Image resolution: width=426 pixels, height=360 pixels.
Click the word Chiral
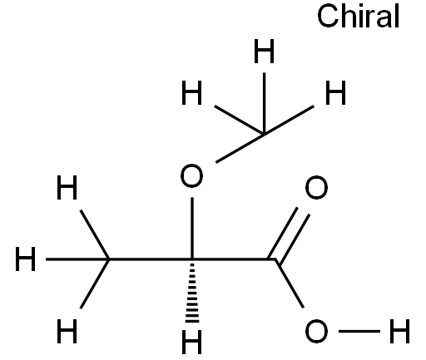tap(358, 16)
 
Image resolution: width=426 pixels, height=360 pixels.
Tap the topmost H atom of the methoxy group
tap(264, 51)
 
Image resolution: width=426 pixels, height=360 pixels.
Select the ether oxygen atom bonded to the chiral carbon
tap(191, 175)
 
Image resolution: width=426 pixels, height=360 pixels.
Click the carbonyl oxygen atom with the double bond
tap(316, 187)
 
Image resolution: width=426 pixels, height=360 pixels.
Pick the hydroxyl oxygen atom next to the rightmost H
tap(316, 331)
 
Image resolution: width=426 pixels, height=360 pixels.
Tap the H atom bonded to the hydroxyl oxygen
tap(399, 331)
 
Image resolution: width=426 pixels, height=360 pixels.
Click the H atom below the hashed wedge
tap(191, 342)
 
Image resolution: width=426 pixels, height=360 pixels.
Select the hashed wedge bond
tap(192, 291)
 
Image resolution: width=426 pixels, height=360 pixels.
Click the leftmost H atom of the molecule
tap(25, 259)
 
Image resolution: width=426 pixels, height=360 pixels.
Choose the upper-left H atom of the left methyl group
tap(67, 187)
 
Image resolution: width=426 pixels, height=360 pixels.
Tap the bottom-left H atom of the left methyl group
tap(67, 331)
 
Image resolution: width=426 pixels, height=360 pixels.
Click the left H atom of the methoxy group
tap(191, 93)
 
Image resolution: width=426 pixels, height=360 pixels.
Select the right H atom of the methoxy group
tap(335, 93)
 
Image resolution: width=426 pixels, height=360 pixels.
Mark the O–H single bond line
tap(359, 331)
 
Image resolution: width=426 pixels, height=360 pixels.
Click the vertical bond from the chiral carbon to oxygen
tap(192, 228)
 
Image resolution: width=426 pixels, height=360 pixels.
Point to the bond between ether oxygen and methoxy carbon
tap(240, 148)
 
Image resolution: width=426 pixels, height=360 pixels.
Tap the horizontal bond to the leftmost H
tap(77, 259)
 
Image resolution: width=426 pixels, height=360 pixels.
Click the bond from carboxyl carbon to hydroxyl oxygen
tap(290, 284)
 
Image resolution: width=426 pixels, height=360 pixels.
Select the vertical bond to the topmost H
tap(265, 103)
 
